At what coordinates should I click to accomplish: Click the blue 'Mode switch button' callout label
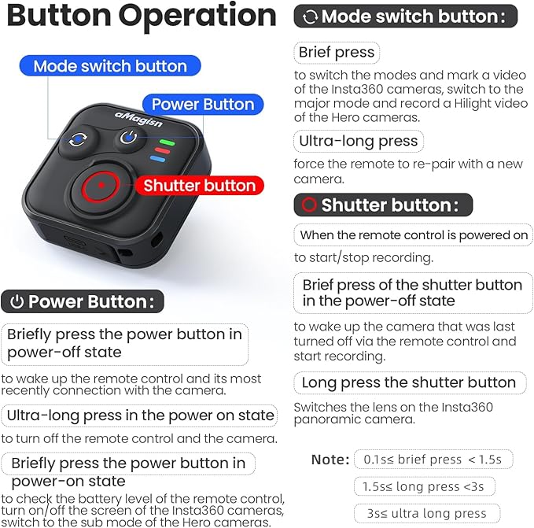click(x=110, y=66)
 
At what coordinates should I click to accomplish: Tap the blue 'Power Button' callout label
click(x=202, y=105)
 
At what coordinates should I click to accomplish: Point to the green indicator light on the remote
click(x=164, y=142)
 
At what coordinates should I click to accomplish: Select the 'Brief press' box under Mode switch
click(x=337, y=54)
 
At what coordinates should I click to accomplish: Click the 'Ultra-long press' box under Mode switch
click(x=358, y=142)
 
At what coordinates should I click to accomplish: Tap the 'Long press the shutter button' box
click(x=409, y=383)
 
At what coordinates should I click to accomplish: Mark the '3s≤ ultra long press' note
click(x=426, y=514)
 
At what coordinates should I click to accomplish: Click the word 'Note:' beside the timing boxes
click(x=330, y=459)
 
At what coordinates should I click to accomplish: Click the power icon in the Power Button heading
click(x=17, y=301)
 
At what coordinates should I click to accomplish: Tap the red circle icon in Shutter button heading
click(x=308, y=205)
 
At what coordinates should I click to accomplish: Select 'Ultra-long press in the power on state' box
click(x=140, y=415)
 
